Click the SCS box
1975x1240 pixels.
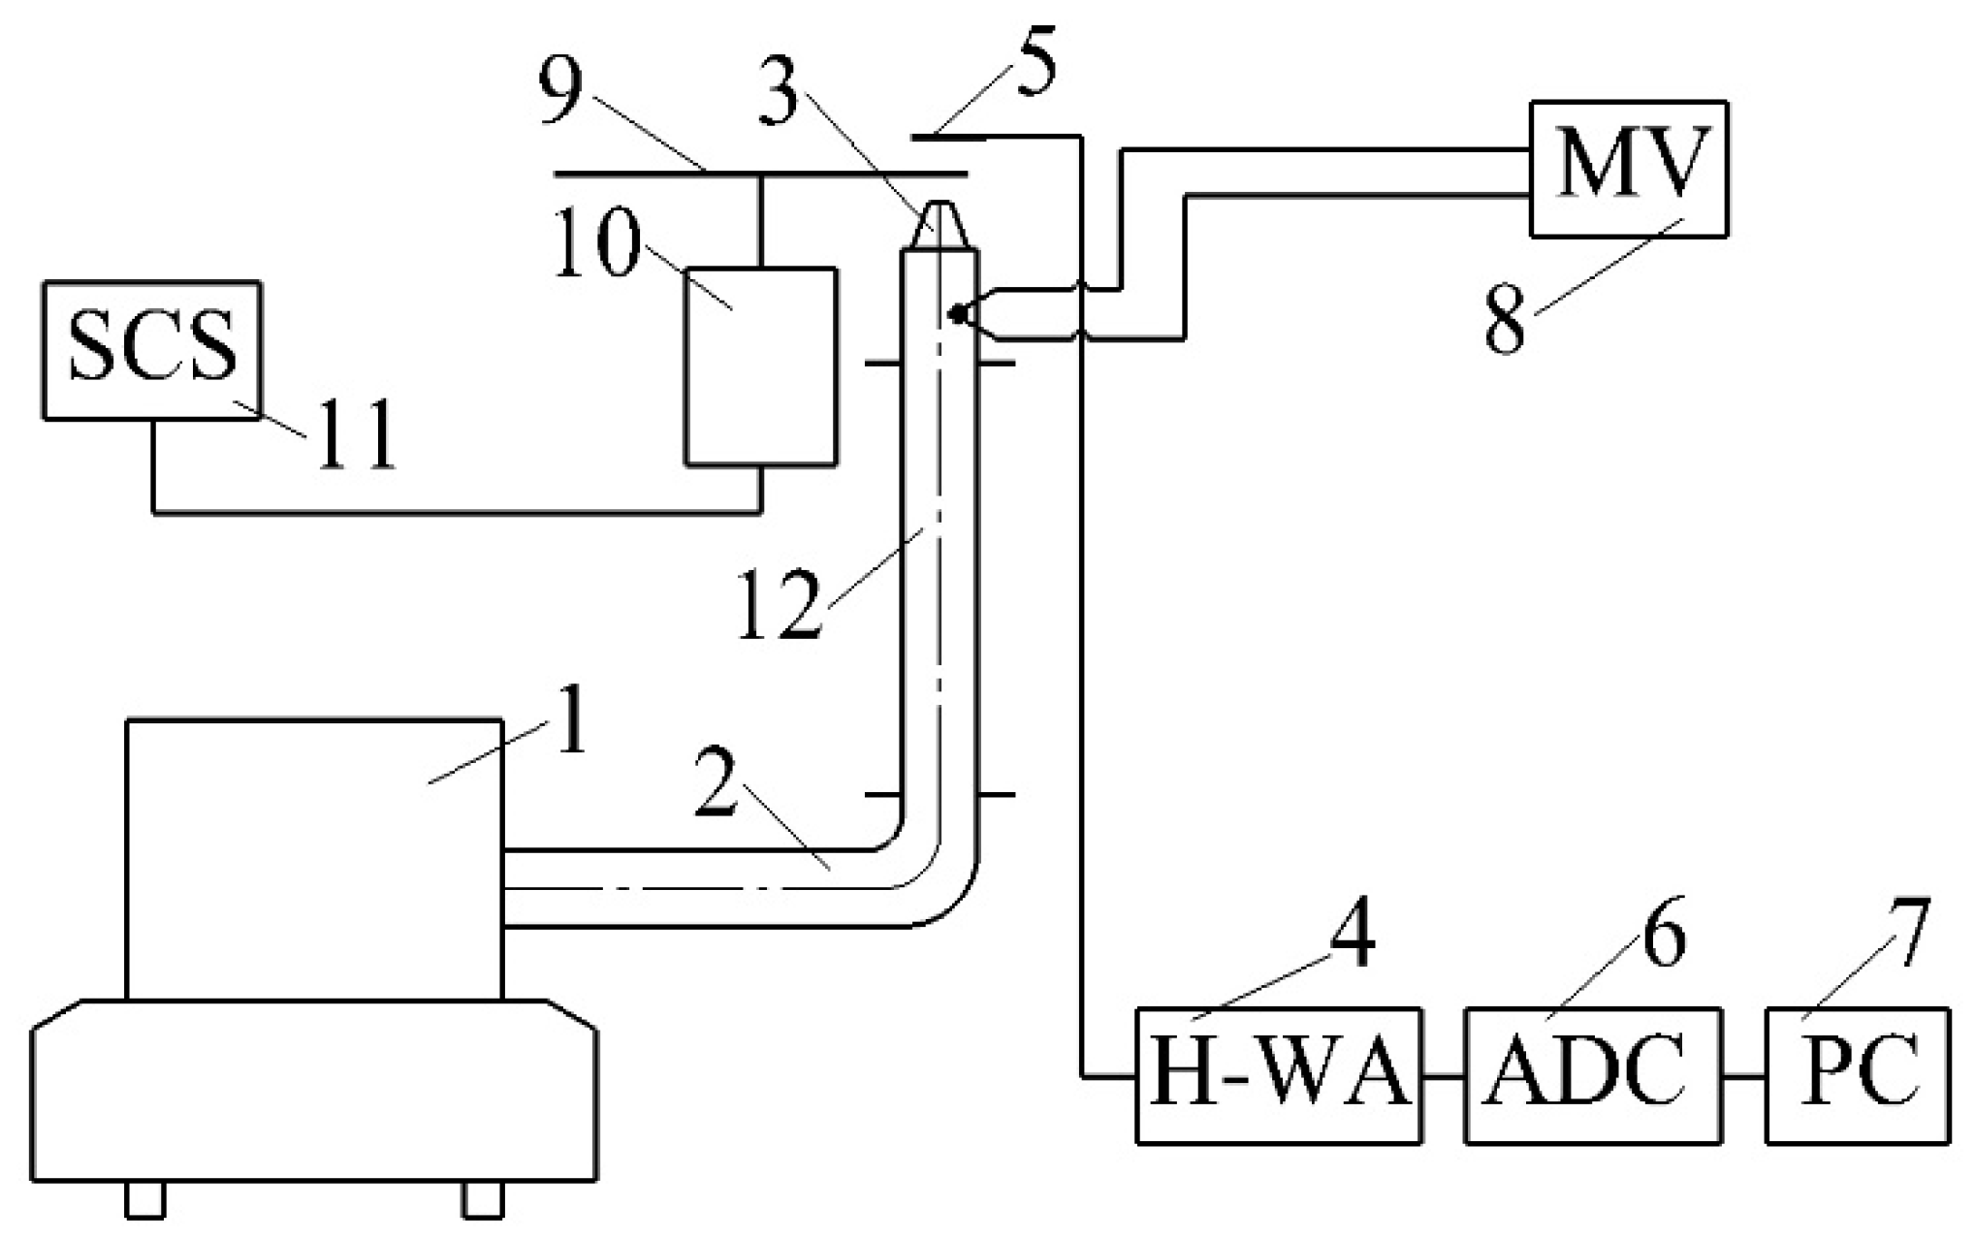pos(152,350)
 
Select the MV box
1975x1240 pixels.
pos(1628,169)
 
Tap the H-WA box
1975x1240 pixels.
pos(1279,1076)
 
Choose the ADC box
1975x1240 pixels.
pos(1593,1076)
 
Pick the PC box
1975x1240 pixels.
pos(1857,1076)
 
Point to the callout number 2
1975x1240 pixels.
pos(718,782)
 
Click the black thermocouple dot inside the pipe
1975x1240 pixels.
pos(957,313)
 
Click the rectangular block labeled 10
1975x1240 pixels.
pos(760,366)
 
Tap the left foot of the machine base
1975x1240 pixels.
pos(145,1199)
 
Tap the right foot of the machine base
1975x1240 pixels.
pos(483,1199)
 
